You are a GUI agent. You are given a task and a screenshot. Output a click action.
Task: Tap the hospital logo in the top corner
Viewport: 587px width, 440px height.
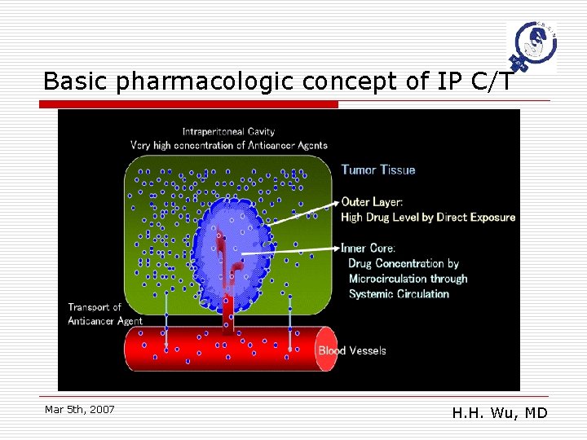pyautogui.click(x=530, y=46)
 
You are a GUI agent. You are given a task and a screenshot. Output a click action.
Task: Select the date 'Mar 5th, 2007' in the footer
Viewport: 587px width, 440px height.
pyautogui.click(x=79, y=409)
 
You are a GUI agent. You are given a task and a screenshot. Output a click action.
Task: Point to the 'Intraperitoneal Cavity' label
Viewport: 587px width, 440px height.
pyautogui.click(x=228, y=131)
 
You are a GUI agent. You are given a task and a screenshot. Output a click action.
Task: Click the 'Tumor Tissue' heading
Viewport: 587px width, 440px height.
pyautogui.click(x=378, y=169)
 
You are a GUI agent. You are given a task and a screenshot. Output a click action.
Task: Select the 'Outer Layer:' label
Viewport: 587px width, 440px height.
pyautogui.click(x=372, y=201)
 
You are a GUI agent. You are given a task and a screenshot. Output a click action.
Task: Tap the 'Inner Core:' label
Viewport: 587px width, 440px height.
pyautogui.click(x=369, y=248)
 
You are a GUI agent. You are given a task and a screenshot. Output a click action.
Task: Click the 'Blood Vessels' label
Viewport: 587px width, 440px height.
pyautogui.click(x=352, y=350)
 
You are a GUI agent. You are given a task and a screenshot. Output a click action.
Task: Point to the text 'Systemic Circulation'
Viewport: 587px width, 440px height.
pyautogui.click(x=399, y=293)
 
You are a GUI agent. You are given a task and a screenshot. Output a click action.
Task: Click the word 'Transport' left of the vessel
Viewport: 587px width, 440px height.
pyautogui.click(x=95, y=307)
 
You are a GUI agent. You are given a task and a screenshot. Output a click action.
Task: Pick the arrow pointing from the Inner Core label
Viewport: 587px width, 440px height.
pyautogui.click(x=289, y=252)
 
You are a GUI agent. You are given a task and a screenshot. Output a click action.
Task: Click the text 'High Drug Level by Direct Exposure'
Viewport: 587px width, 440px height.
pyautogui.click(x=428, y=217)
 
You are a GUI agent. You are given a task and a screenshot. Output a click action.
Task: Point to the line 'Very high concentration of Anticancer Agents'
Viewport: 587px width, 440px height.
pyautogui.click(x=228, y=145)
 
